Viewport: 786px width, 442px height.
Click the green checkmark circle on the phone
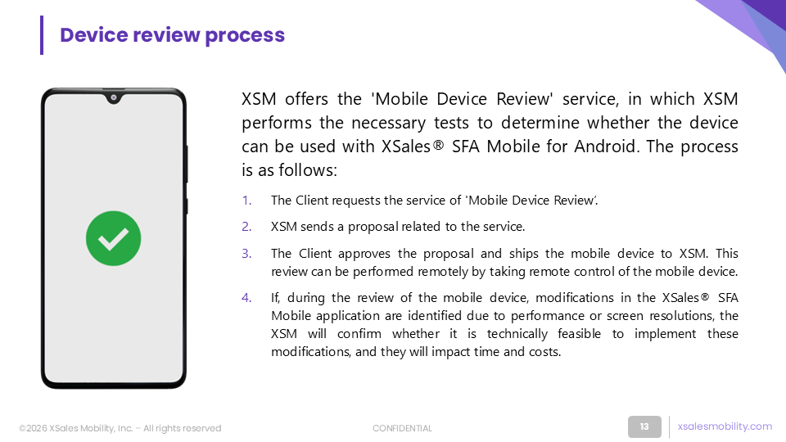[113, 238]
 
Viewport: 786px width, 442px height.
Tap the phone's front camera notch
[114, 97]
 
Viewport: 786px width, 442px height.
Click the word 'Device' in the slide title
[93, 35]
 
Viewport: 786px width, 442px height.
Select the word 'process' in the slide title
[245, 36]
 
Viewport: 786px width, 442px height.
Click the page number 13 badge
[644, 427]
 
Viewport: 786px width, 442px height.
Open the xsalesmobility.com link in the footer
[725, 426]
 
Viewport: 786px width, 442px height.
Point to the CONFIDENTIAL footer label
[402, 428]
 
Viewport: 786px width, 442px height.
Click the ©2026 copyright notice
[120, 428]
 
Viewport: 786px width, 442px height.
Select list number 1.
[246, 201]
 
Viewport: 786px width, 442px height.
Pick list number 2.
[246, 227]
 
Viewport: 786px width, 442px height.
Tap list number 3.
[246, 254]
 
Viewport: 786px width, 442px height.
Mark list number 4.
[246, 298]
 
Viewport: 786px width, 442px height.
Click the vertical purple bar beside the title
[42, 35]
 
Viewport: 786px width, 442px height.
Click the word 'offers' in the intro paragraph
[306, 99]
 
